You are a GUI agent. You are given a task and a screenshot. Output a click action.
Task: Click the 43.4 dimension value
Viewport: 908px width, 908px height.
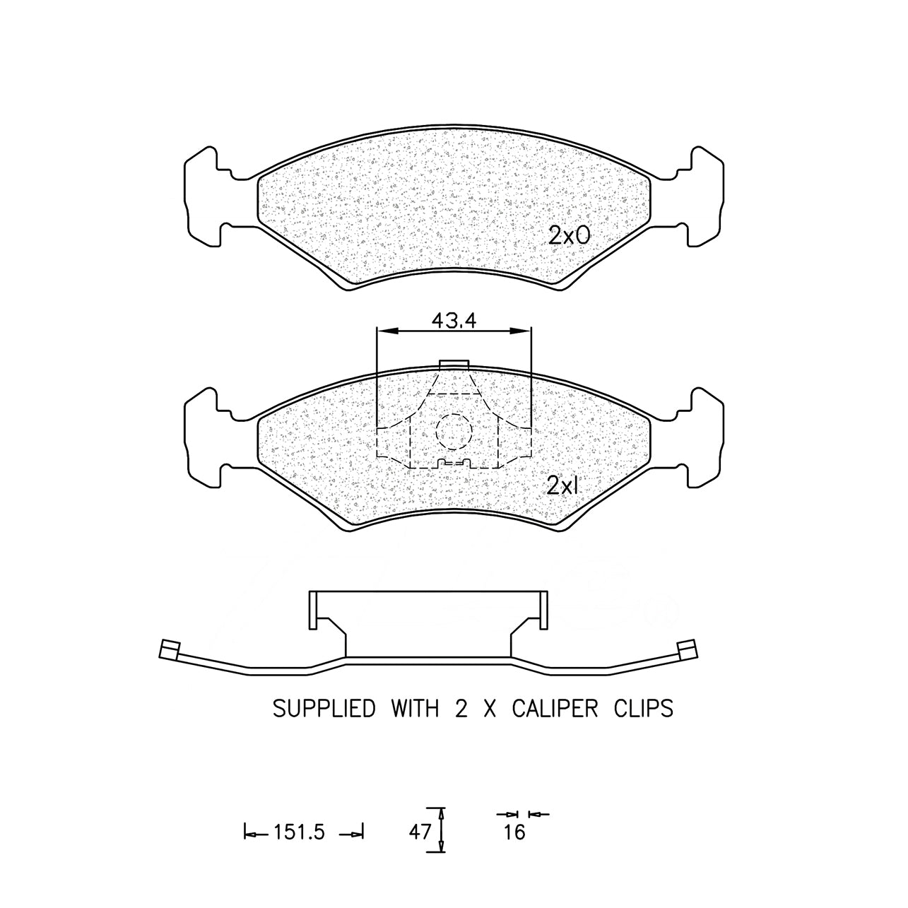(x=454, y=321)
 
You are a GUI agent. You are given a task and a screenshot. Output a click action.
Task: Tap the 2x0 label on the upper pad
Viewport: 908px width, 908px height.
(x=570, y=235)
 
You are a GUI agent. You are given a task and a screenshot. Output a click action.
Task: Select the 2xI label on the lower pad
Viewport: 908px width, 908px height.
(x=562, y=485)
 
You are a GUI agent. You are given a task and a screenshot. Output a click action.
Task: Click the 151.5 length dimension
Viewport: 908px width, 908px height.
(x=299, y=832)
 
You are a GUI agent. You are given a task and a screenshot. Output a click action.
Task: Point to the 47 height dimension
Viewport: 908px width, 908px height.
(x=420, y=832)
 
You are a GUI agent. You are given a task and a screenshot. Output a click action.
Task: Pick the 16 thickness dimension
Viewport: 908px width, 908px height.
(x=514, y=832)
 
